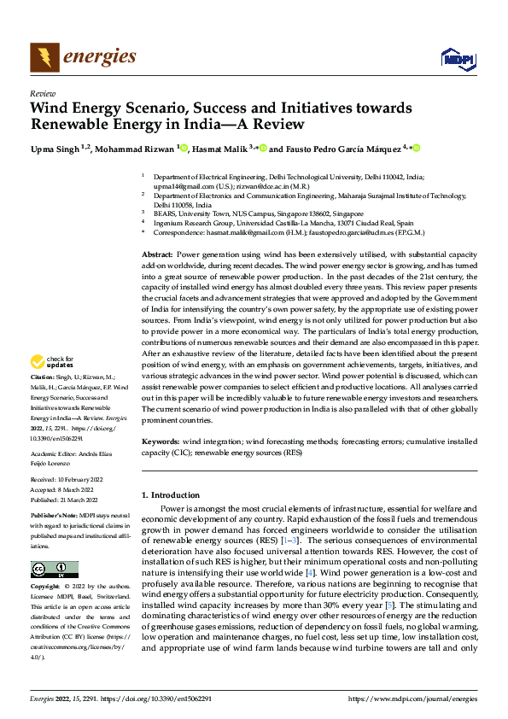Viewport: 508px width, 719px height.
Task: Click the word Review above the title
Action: pyautogui.click(x=43, y=93)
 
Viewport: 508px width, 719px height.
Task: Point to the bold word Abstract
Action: pyautogui.click(x=156, y=254)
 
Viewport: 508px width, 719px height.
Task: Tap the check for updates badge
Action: pyautogui.click(x=55, y=387)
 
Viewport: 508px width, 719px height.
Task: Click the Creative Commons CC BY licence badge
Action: pyautogui.click(x=55, y=570)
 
